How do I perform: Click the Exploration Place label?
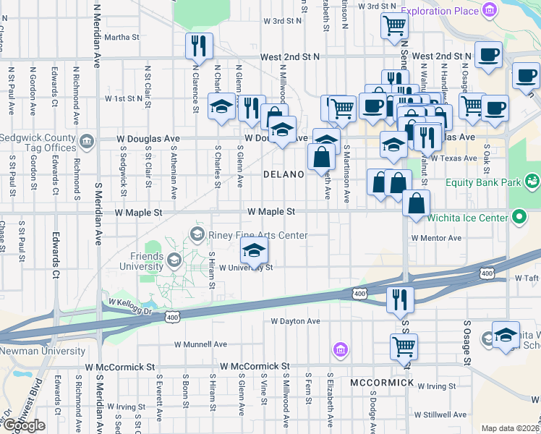tap(439, 10)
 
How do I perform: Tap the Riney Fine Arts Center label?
tap(258, 235)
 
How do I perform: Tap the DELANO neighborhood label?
tap(281, 174)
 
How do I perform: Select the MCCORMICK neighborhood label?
tap(382, 382)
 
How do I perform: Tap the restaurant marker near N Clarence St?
tap(198, 47)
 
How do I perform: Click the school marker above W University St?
tap(253, 252)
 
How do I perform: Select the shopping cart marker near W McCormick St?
tap(404, 346)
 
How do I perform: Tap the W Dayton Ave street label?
tap(295, 321)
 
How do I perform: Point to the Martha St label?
tap(122, 37)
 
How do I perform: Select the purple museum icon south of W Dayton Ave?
tap(339, 351)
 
